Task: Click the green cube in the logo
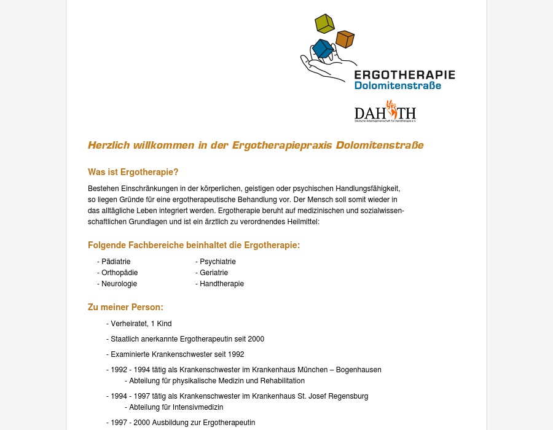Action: click(x=324, y=23)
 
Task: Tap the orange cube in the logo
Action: click(x=345, y=39)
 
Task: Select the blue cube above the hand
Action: click(x=323, y=49)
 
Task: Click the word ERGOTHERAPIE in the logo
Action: click(x=405, y=75)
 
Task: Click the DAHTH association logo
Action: click(x=385, y=112)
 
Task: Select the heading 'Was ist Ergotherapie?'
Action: click(x=133, y=172)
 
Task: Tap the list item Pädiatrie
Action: click(x=116, y=262)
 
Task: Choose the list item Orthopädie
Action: click(x=119, y=273)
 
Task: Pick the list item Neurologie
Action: click(x=119, y=284)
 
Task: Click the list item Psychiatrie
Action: click(x=218, y=262)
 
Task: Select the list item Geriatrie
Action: click(x=214, y=273)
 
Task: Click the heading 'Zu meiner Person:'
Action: click(x=125, y=307)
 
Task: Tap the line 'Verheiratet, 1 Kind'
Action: click(x=141, y=324)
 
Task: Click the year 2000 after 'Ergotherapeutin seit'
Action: click(x=256, y=339)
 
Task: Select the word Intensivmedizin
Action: click(x=199, y=407)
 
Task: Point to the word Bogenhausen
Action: click(x=359, y=370)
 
